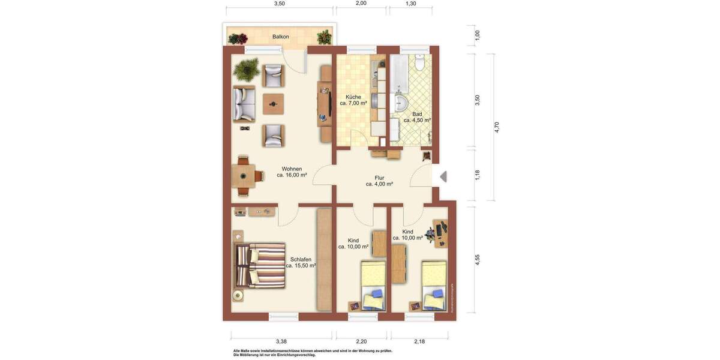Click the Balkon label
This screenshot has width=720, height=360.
(x=280, y=37)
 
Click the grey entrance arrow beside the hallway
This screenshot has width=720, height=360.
(x=443, y=177)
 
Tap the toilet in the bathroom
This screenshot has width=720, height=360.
(x=419, y=62)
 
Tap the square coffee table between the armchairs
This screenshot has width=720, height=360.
(x=274, y=104)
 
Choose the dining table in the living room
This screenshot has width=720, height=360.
(x=244, y=176)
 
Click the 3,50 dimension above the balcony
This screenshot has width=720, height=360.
(x=279, y=4)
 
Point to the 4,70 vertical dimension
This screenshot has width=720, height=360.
(x=497, y=127)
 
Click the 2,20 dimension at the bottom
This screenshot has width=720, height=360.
(x=361, y=342)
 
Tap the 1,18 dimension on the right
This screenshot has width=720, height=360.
(x=478, y=175)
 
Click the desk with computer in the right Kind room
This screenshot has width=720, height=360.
(x=439, y=233)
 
